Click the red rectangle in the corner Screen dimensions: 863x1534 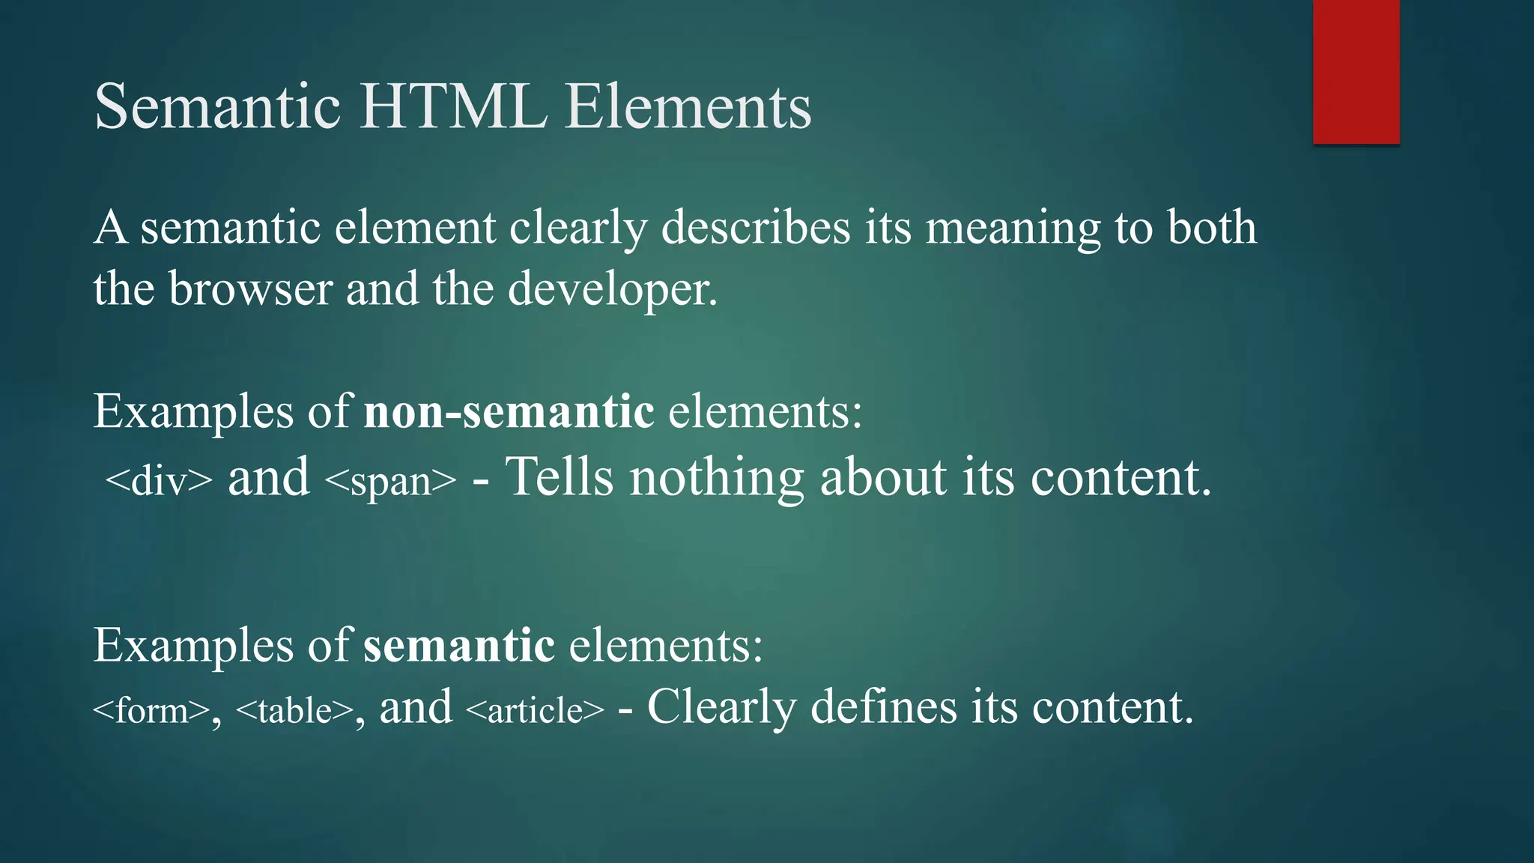pos(1356,71)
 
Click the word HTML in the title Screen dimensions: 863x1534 pos(453,107)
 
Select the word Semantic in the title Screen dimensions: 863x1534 pos(218,107)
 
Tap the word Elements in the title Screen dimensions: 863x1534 pos(688,107)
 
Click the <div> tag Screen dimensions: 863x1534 pos(159,480)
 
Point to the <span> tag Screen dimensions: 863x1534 pos(390,480)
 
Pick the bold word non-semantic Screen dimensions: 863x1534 pos(509,412)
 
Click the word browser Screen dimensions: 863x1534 pos(250,289)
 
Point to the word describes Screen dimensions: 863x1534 pos(756,228)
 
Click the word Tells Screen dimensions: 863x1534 pos(559,477)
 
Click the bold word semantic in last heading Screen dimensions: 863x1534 pos(459,645)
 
